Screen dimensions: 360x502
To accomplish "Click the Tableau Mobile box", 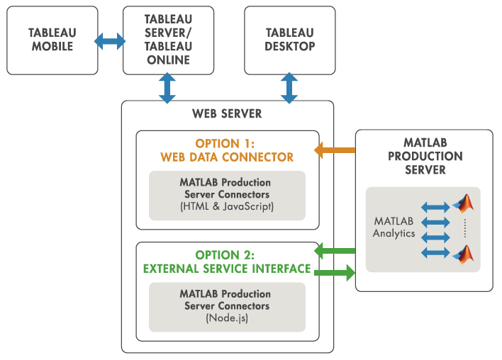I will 52,40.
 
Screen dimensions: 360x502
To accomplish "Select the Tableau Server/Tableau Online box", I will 168,40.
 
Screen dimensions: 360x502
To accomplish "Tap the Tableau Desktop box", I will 290,40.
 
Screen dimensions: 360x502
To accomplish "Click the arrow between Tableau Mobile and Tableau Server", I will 111,41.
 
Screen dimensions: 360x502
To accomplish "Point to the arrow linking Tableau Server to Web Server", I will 167,88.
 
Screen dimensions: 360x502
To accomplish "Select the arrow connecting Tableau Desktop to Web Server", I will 289,88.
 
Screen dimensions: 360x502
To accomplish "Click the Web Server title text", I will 227,113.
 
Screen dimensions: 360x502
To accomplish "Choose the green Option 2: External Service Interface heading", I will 227,261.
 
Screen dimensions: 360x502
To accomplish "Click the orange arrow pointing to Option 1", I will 334,150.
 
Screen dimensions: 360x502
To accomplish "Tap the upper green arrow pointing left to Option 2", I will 334,249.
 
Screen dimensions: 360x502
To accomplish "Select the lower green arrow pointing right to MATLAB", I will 334,272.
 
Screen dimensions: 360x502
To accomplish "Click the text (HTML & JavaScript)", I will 227,206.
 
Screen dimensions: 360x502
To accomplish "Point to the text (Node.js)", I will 227,318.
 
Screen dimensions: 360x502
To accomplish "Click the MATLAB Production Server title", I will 424,156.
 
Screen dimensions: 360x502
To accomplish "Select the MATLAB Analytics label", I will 394,227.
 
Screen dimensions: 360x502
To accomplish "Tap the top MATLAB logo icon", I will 464,204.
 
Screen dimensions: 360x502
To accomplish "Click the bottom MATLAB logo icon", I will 464,254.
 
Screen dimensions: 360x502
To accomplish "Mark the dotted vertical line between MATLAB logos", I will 465,229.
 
